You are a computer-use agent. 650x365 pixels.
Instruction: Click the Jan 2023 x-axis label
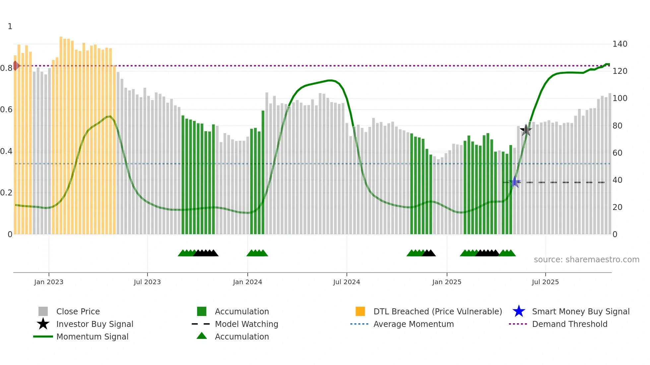click(x=48, y=282)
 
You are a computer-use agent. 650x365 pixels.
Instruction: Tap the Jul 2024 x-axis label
click(x=347, y=282)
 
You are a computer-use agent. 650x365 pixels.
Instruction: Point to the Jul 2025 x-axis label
click(x=545, y=282)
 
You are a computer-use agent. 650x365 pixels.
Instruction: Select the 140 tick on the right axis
click(x=619, y=44)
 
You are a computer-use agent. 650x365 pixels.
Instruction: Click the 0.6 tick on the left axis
click(x=6, y=110)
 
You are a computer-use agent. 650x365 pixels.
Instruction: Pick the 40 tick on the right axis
click(x=617, y=180)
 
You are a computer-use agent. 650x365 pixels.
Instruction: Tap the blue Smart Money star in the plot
click(x=515, y=182)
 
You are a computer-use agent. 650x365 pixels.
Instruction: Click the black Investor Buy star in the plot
click(x=526, y=130)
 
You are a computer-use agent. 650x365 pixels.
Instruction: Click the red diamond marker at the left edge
click(x=16, y=66)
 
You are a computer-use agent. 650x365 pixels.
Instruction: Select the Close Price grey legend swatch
click(x=43, y=311)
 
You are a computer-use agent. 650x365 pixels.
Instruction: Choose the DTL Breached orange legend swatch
click(x=360, y=311)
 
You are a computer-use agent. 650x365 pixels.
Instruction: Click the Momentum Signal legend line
click(x=43, y=337)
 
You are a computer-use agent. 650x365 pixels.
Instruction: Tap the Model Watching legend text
click(x=246, y=324)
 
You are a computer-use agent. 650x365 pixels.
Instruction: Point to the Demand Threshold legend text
click(x=569, y=324)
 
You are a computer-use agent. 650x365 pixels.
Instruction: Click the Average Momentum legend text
click(x=414, y=324)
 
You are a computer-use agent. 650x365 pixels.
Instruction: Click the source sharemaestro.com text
click(x=586, y=260)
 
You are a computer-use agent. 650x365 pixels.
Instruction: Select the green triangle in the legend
click(x=202, y=336)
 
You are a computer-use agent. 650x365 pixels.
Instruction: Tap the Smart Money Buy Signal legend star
click(x=519, y=311)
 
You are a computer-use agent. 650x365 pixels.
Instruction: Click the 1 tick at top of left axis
click(x=10, y=26)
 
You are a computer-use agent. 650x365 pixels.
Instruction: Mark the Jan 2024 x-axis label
click(x=247, y=282)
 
